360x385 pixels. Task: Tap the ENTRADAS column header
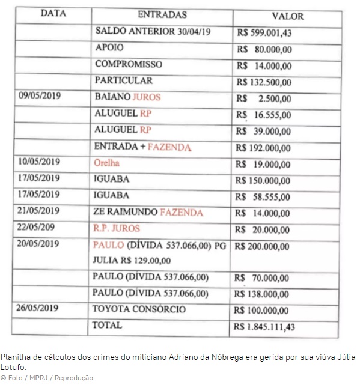tap(162, 14)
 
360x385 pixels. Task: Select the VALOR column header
tap(287, 16)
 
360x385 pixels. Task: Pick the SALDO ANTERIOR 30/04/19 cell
tap(153, 31)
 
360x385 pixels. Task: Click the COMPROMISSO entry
tap(128, 64)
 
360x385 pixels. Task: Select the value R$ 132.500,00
tap(264, 82)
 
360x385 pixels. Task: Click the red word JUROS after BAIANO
tap(147, 97)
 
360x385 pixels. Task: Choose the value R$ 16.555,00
tap(264, 115)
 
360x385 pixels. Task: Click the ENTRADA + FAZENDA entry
tap(142, 147)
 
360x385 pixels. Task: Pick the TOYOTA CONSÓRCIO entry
tap(139, 309)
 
